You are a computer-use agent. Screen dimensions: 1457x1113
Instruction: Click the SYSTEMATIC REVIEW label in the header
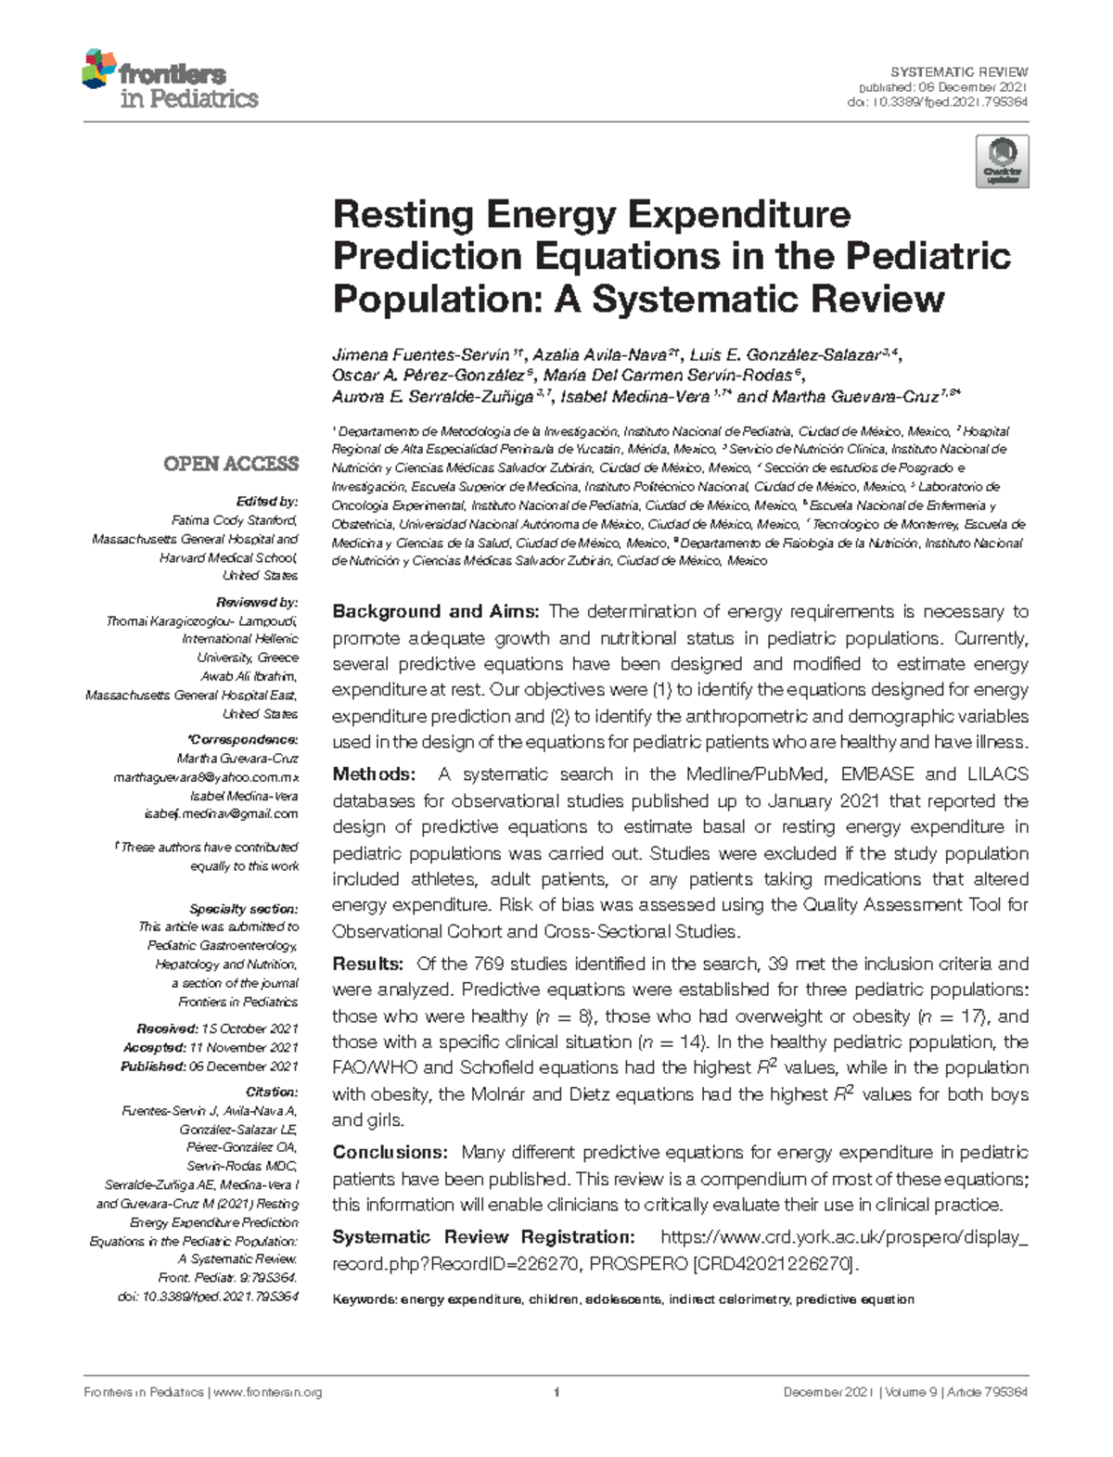[959, 72]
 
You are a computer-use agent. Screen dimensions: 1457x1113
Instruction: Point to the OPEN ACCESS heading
[231, 464]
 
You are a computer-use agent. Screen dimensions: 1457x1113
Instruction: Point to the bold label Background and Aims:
[436, 612]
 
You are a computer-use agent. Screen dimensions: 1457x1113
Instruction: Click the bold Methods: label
[373, 774]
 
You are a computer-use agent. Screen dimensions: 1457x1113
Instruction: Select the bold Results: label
[367, 965]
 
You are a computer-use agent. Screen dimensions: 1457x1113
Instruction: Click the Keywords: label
[364, 1299]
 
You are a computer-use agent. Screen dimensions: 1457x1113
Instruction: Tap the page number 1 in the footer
[556, 1392]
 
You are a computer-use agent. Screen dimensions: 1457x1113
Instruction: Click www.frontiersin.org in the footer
[268, 1392]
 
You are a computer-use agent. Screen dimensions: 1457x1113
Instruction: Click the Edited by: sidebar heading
[267, 502]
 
